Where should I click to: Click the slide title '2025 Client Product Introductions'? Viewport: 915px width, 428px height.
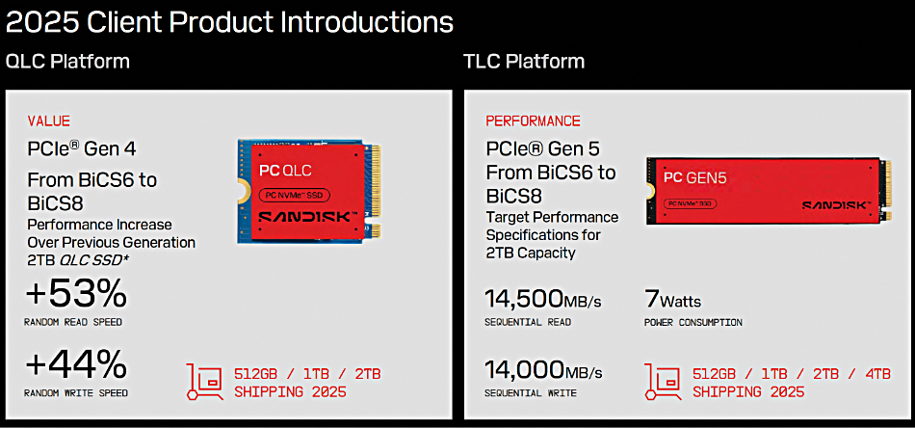pos(229,22)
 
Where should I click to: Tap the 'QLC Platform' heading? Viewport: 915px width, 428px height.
pos(67,62)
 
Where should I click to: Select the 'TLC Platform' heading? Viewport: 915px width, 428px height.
pos(524,62)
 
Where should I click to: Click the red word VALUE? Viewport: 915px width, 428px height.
pos(48,120)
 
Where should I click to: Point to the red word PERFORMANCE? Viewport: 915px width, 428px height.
pos(533,120)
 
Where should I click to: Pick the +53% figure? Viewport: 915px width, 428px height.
pos(76,294)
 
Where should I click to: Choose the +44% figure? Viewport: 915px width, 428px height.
pos(76,365)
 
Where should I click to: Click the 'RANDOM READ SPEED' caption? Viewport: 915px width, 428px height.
pos(73,322)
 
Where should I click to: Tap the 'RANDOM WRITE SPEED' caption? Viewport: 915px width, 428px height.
pos(76,393)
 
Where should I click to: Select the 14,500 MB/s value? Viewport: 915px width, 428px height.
pos(542,299)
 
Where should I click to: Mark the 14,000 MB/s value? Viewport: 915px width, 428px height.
pos(543,370)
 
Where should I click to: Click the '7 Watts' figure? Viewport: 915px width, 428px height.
pos(672,300)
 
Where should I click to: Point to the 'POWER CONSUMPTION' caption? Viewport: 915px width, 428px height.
pos(693,322)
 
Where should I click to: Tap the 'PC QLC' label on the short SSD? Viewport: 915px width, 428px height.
pos(285,171)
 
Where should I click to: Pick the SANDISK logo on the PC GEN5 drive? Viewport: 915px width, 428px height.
pos(836,205)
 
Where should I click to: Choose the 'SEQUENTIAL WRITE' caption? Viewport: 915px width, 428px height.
pos(531,393)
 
